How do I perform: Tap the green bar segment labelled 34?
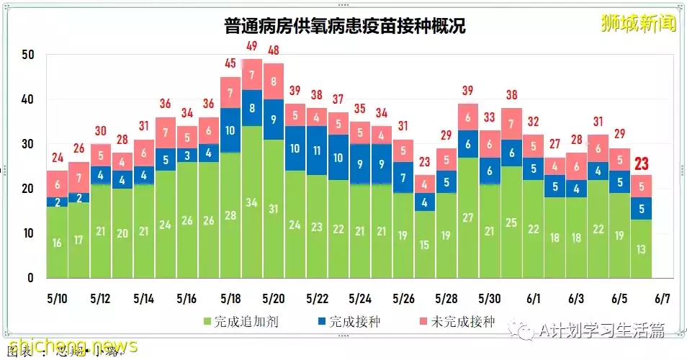(x=252, y=202)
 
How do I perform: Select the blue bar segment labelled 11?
(x=317, y=151)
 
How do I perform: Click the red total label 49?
(x=252, y=50)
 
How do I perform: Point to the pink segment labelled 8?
(x=274, y=81)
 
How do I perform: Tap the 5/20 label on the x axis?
(x=274, y=298)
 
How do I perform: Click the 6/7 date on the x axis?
(x=663, y=298)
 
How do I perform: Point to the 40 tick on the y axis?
(x=28, y=99)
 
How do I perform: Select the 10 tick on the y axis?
(x=28, y=233)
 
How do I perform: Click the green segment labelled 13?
(x=642, y=249)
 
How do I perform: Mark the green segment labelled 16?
(x=57, y=243)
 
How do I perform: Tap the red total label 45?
(x=230, y=63)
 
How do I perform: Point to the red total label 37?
(x=338, y=99)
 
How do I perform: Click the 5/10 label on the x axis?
(x=58, y=298)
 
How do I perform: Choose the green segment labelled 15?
(x=425, y=245)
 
